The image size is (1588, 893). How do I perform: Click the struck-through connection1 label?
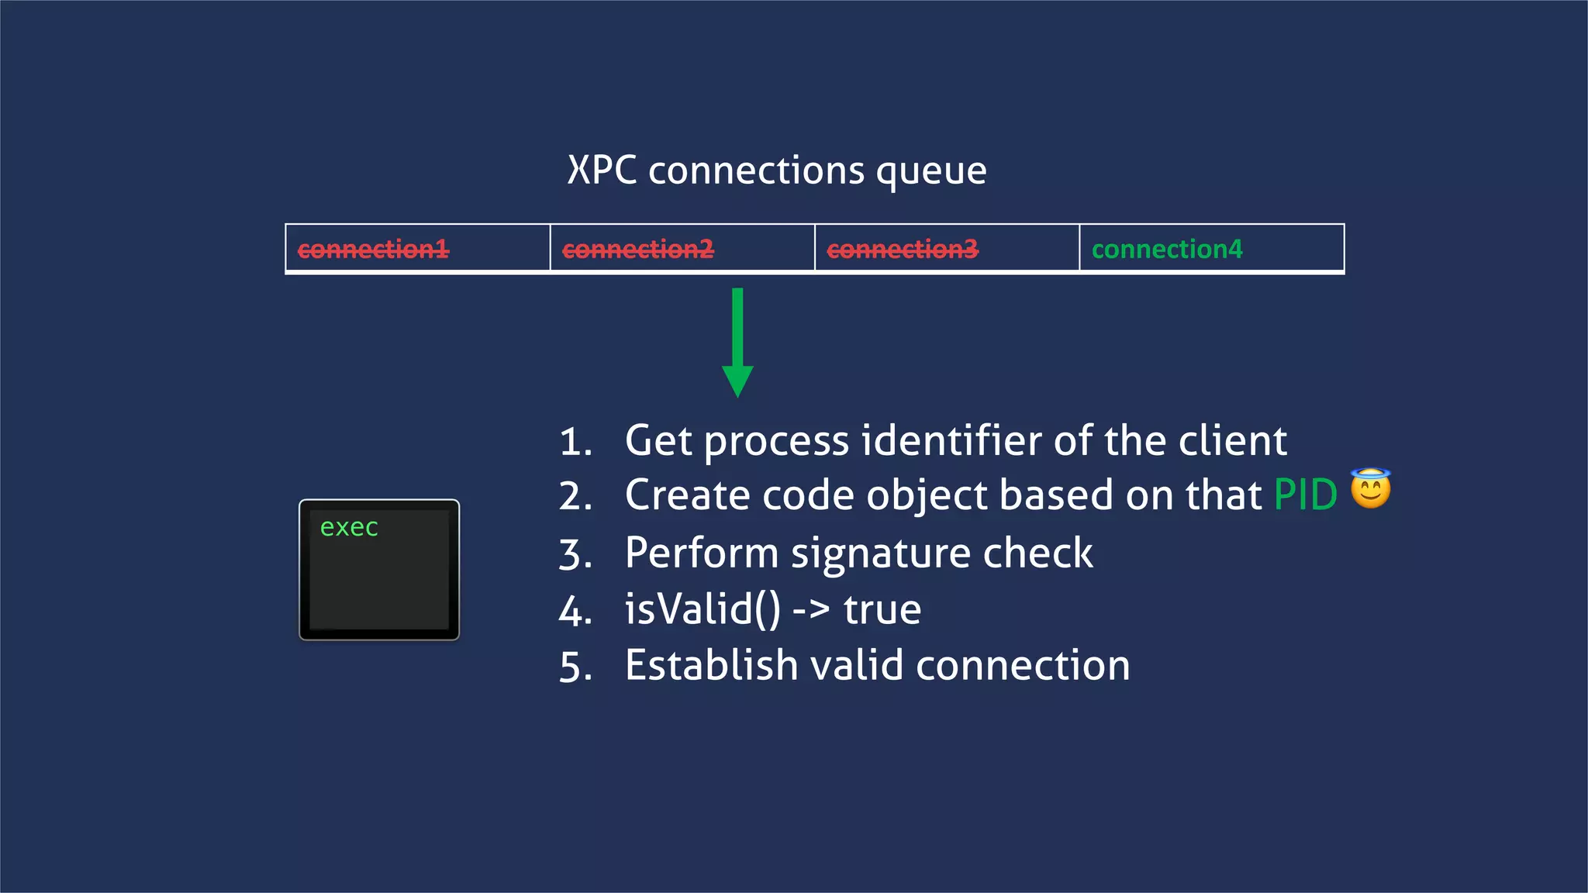tap(373, 250)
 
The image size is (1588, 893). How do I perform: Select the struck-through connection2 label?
tap(637, 250)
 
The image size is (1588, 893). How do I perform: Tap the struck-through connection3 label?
tap(903, 250)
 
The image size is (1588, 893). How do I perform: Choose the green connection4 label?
tap(1167, 250)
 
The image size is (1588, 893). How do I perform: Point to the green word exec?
tap(349, 528)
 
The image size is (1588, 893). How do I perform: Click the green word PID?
tap(1306, 495)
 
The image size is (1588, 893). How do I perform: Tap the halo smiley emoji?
tap(1370, 489)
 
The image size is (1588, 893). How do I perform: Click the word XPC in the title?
tap(602, 171)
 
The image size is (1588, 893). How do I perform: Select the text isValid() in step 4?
tap(703, 609)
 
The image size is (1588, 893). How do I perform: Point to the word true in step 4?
tap(882, 609)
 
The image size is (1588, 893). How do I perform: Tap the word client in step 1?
tap(1233, 441)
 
